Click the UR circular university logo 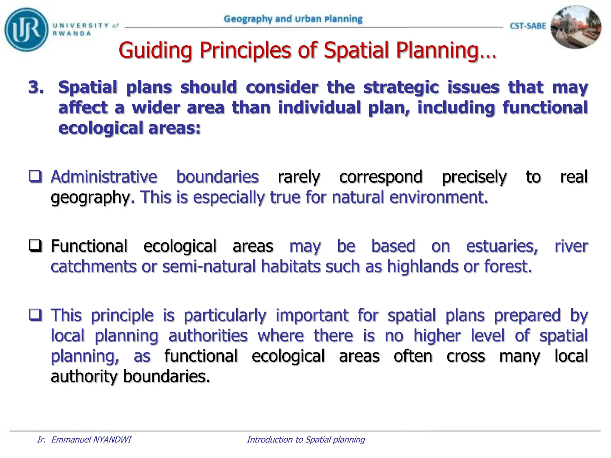[x=26, y=30]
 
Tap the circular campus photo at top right [x=575, y=27]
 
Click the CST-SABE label [x=528, y=26]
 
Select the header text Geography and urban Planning [x=293, y=19]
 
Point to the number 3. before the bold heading [x=36, y=87]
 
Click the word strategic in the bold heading [x=401, y=87]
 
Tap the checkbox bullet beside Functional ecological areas [x=35, y=246]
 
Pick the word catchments [x=93, y=266]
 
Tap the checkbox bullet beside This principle [x=35, y=315]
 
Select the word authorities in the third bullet [x=208, y=335]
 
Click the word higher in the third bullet [x=437, y=335]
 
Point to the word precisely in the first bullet [x=474, y=177]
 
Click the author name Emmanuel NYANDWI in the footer [x=91, y=440]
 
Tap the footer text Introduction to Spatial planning [x=306, y=440]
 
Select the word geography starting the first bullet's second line [x=90, y=197]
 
